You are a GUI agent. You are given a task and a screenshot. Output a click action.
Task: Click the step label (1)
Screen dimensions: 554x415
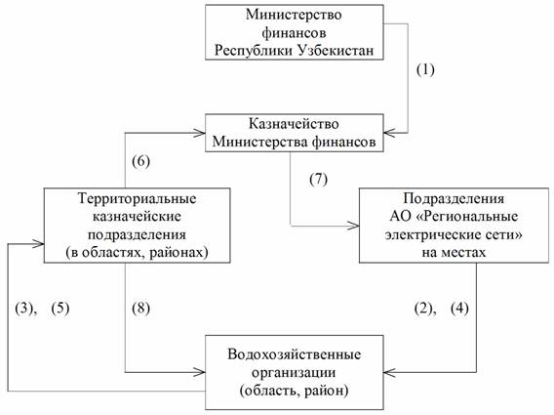(x=425, y=69)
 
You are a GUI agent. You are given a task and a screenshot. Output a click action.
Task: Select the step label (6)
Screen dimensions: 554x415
(x=141, y=162)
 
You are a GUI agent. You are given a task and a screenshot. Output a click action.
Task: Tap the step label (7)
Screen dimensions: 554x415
(x=318, y=180)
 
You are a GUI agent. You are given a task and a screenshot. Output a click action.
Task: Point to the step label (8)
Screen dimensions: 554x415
(x=141, y=309)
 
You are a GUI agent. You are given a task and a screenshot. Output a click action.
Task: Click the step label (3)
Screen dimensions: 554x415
(x=24, y=309)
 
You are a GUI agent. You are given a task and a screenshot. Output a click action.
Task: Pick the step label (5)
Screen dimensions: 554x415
(x=60, y=309)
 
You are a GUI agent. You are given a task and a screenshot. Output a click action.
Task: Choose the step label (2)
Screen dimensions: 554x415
(x=423, y=309)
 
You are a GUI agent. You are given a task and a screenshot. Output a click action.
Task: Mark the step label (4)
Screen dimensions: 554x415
(x=460, y=309)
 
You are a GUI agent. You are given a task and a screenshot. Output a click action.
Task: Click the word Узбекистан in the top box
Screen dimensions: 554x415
(x=336, y=50)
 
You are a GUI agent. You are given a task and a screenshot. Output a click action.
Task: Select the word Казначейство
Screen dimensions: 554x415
(x=294, y=124)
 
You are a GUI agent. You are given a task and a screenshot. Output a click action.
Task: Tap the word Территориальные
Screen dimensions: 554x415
(x=138, y=198)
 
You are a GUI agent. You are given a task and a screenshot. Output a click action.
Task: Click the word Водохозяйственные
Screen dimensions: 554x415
(x=295, y=354)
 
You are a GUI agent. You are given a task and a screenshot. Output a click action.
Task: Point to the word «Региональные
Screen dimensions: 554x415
(x=467, y=216)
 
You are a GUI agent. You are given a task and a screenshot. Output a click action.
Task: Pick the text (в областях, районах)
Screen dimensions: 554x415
(x=138, y=253)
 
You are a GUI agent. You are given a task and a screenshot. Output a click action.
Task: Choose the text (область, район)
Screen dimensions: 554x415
(x=295, y=391)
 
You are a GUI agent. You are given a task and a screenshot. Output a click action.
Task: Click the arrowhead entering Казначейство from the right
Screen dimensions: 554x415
(x=390, y=133)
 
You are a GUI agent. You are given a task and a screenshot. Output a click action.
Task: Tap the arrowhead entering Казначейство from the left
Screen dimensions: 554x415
(x=199, y=133)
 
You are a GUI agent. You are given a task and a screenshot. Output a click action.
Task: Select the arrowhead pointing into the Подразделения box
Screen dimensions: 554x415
(x=353, y=226)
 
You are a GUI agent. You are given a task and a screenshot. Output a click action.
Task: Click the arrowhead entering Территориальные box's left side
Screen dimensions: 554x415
(x=38, y=243)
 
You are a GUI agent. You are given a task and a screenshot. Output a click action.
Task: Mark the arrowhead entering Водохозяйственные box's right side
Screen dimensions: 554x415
(x=390, y=372)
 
